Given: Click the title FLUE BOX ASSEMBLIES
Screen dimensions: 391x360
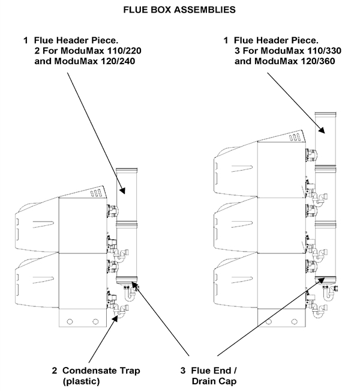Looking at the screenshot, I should (x=179, y=10).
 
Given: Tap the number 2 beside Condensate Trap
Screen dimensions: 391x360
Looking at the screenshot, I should (x=54, y=371).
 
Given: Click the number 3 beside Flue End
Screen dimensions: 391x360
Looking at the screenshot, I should (x=185, y=371).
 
